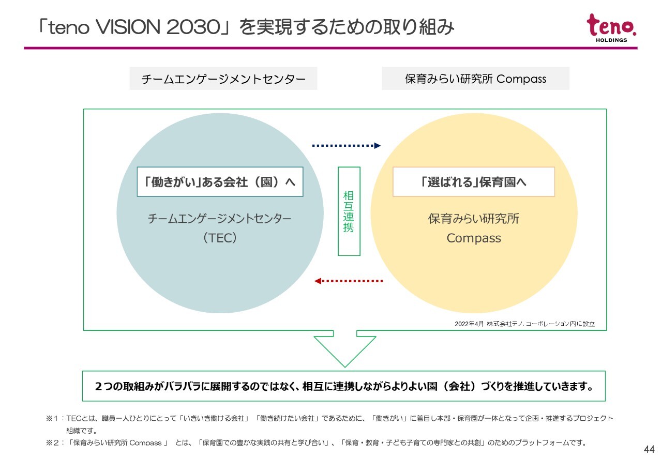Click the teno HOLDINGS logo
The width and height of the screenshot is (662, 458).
[x=611, y=28]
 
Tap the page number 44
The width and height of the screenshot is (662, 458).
[x=649, y=449]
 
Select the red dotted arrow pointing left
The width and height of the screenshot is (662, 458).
[x=349, y=281]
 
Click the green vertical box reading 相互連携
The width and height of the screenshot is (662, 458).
[x=349, y=211]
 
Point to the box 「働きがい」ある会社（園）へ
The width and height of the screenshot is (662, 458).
[x=220, y=182]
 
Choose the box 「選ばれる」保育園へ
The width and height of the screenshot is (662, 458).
[x=473, y=182]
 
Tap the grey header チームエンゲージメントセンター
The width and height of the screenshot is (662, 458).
[x=223, y=79]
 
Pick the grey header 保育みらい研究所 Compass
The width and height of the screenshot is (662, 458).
[x=475, y=79]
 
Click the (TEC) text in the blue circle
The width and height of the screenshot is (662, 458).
[x=220, y=238]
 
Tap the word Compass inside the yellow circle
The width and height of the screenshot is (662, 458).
[x=473, y=238]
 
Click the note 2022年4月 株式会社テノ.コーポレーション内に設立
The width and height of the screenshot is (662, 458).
[x=524, y=324]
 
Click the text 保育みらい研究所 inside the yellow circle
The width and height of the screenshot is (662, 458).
[x=473, y=219]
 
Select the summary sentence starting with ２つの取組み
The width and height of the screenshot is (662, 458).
[x=344, y=386]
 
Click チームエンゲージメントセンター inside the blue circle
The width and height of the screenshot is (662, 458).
[x=220, y=219]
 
